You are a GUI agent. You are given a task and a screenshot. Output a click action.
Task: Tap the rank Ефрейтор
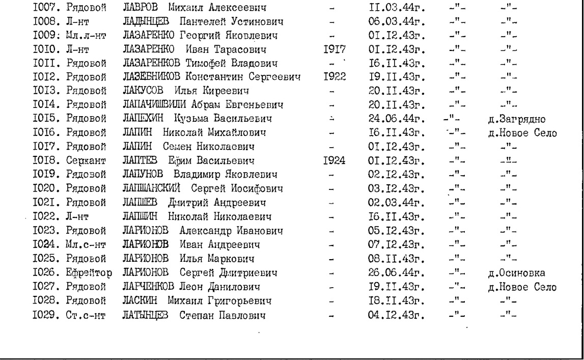[x=87, y=272]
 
